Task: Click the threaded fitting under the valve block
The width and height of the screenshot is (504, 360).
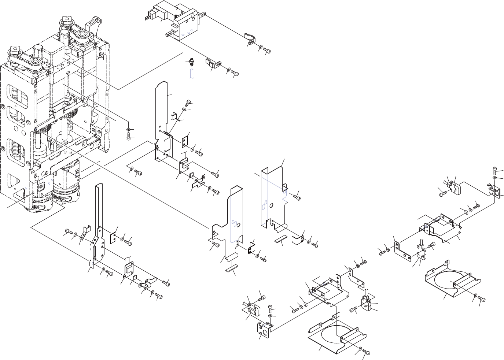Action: (191, 61)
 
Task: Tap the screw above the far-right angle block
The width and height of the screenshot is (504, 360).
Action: (495, 171)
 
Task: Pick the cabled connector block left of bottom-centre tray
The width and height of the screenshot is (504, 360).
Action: (251, 307)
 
